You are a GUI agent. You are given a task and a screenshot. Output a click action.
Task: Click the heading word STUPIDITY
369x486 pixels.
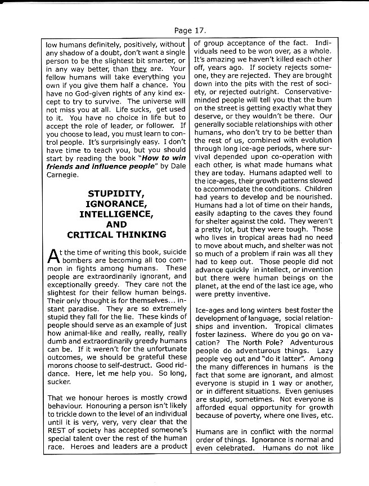[x=116, y=194]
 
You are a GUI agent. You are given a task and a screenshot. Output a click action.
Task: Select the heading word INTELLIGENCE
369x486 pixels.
[x=116, y=215]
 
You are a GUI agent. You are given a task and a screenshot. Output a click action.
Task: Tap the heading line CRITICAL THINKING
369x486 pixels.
[x=116, y=235]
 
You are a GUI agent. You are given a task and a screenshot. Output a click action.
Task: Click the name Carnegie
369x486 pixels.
[x=61, y=175]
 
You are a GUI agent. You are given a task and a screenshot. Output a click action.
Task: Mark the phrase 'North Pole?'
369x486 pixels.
[x=245, y=342]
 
